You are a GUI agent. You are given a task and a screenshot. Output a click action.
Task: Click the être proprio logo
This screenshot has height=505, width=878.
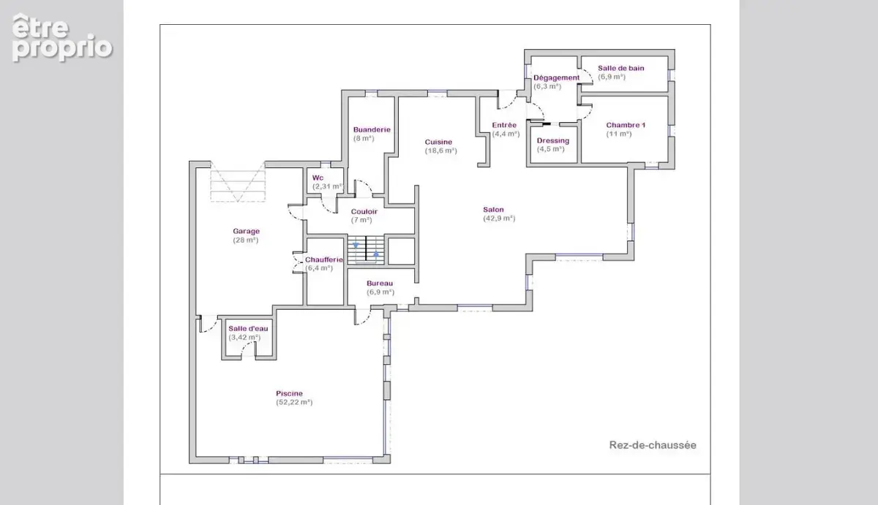(x=62, y=37)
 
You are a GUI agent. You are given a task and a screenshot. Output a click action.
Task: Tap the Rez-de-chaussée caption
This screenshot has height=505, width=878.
(x=653, y=445)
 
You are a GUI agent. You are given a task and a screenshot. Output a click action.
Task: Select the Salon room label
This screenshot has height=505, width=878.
(x=493, y=210)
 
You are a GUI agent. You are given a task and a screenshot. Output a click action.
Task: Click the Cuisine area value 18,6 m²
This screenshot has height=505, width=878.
(x=441, y=151)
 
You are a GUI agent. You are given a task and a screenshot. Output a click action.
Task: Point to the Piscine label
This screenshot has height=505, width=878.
(x=289, y=393)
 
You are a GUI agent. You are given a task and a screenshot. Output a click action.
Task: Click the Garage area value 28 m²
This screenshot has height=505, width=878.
(x=246, y=240)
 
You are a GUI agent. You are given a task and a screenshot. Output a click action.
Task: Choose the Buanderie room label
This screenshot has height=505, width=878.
(x=372, y=129)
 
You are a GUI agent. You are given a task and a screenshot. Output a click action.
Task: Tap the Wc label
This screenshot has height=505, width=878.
(x=318, y=178)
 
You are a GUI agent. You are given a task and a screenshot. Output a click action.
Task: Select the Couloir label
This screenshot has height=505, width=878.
(x=364, y=211)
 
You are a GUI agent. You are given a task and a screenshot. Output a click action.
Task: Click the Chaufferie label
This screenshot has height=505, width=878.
(x=323, y=259)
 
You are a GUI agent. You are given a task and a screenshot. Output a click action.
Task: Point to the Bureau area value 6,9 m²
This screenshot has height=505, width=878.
(x=380, y=292)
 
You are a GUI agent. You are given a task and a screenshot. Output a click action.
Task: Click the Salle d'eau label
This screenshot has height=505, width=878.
(x=248, y=328)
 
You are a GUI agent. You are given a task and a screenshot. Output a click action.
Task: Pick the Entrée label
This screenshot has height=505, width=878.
(x=504, y=125)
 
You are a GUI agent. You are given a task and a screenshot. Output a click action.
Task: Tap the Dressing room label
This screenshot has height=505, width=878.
(x=552, y=140)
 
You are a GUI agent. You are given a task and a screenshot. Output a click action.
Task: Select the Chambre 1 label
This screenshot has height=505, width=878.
(x=626, y=125)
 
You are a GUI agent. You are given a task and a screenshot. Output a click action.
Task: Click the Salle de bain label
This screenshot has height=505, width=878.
(x=621, y=68)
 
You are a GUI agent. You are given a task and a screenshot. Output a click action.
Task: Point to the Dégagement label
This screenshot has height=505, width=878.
(x=556, y=77)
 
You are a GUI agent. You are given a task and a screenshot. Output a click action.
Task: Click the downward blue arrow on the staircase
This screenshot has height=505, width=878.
(x=356, y=246)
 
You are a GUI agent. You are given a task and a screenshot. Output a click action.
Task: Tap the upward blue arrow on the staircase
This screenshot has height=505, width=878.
(x=376, y=254)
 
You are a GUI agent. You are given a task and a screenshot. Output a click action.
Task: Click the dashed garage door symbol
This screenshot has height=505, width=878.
(x=238, y=182)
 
